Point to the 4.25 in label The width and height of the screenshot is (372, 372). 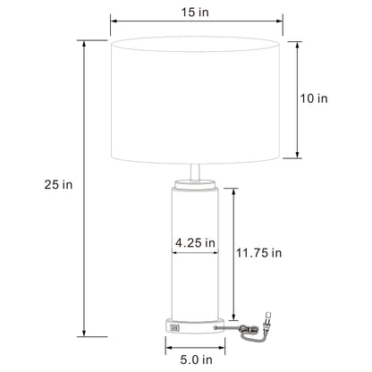(x=195, y=242)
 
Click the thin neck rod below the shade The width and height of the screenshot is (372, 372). (x=195, y=172)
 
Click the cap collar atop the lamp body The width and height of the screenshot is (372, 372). (x=195, y=184)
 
